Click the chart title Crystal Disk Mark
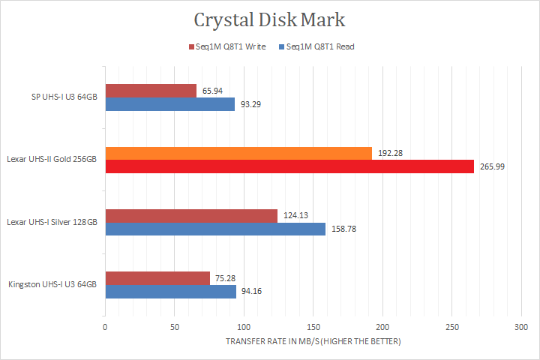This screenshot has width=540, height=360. (x=269, y=18)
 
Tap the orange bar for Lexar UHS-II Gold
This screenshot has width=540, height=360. (x=238, y=153)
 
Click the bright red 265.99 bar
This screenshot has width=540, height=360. (x=289, y=166)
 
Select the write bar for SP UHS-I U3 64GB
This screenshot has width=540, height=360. (x=151, y=91)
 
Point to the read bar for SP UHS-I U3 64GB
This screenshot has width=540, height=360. (x=169, y=104)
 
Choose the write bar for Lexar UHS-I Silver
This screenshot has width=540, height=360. (x=191, y=215)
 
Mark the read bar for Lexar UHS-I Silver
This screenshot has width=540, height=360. (x=215, y=229)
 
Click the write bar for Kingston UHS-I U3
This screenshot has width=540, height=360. (x=157, y=277)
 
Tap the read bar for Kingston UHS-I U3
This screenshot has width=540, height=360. (x=170, y=291)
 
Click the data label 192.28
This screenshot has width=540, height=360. (x=390, y=153)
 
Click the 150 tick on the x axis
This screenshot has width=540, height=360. (x=313, y=327)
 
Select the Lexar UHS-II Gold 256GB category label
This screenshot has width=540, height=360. (x=52, y=160)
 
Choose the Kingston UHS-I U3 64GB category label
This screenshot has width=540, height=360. (x=52, y=284)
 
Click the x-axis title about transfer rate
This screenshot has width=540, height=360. (x=313, y=341)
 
